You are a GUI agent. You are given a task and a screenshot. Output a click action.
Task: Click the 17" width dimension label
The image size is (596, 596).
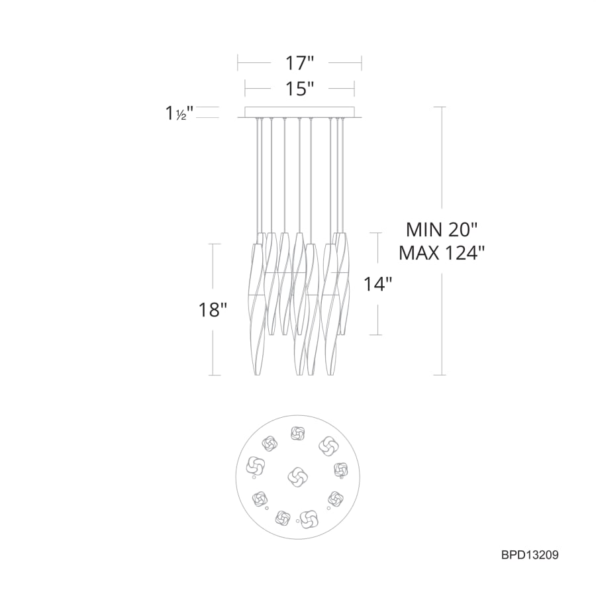[299, 63]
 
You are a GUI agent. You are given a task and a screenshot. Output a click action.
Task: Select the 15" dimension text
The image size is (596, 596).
[299, 89]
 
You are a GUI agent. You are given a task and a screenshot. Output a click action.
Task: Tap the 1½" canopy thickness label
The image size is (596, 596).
[179, 113]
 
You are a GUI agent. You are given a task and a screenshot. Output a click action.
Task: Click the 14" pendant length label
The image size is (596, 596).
[377, 283]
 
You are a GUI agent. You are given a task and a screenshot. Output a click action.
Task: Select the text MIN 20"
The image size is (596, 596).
[441, 230]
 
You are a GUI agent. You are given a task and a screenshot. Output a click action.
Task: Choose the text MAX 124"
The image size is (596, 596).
[442, 252]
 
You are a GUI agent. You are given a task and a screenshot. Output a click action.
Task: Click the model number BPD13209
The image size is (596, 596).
[530, 555]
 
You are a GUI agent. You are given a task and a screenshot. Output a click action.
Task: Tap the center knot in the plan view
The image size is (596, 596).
[297, 476]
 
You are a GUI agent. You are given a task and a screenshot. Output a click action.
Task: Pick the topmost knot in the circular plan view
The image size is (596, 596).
[297, 433]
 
